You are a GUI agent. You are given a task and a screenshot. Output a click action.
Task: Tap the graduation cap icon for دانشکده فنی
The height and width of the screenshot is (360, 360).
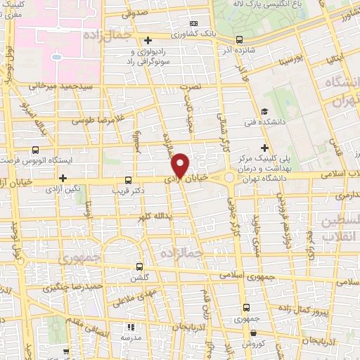coord(264,112)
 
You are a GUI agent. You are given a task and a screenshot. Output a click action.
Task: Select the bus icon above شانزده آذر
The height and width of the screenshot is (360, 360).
coord(240,39)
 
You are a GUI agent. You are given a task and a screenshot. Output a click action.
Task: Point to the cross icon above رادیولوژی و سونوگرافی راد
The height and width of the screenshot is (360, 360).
coord(148,40)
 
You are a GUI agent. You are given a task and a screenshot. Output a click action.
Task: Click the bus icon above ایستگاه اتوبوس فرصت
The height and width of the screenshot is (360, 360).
coord(35,150)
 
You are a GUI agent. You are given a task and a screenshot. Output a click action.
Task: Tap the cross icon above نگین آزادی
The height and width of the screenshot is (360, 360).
coord(63,177)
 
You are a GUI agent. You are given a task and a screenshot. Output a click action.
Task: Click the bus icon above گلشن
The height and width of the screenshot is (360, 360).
coord(139,266)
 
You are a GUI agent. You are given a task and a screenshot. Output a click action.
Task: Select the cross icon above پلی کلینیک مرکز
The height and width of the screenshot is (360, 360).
coord(264,147)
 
